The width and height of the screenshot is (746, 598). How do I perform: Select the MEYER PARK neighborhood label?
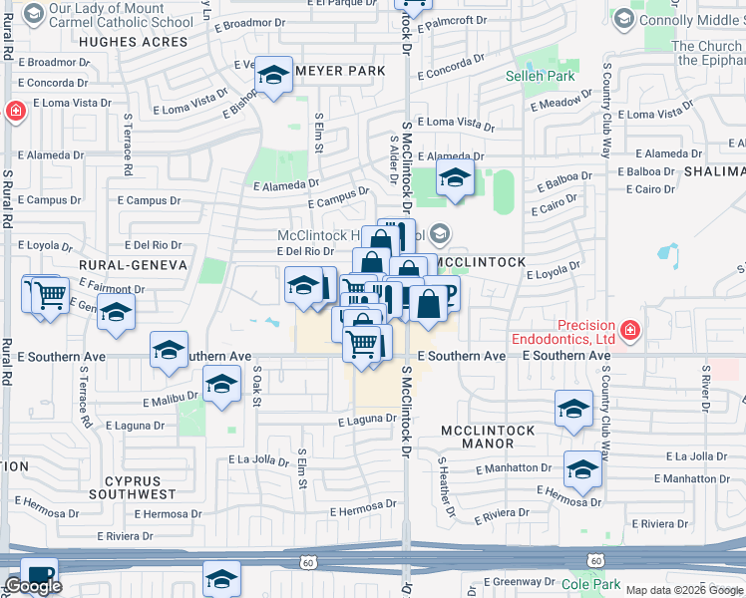[x=323, y=71]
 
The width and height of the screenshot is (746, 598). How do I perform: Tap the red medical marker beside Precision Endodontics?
[x=628, y=329]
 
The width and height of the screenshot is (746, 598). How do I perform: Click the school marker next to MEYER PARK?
[x=272, y=75]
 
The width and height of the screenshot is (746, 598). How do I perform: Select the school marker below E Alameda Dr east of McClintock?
[x=455, y=179]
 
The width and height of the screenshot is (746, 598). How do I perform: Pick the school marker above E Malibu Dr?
[x=221, y=384]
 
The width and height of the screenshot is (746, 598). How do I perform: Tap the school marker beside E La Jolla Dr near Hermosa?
[x=582, y=468]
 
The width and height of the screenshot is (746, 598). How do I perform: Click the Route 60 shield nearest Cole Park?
[x=595, y=561]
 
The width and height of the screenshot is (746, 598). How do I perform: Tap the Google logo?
[x=33, y=586]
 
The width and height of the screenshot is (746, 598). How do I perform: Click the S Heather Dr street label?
[x=445, y=486]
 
